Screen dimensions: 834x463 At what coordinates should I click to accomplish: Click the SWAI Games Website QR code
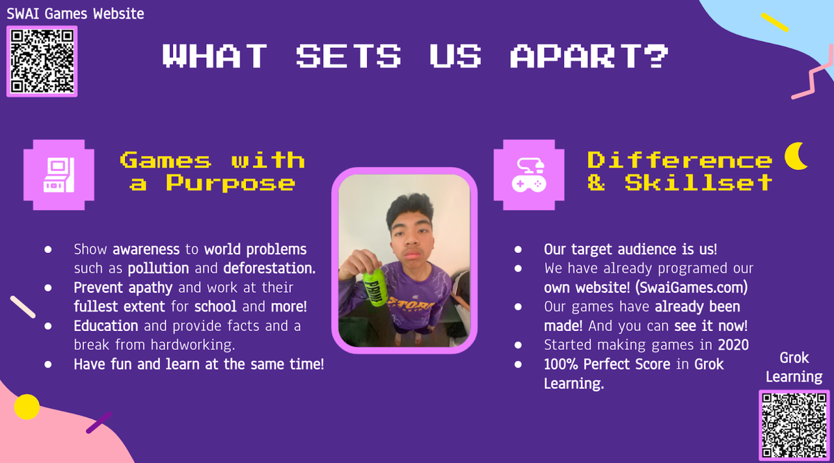pos(42,61)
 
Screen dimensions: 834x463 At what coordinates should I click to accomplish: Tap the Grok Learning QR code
pos(794,425)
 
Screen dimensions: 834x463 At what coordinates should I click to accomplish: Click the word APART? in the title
pos(589,56)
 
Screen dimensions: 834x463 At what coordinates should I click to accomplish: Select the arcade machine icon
pos(59,174)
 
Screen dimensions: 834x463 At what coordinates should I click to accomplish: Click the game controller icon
pos(529,174)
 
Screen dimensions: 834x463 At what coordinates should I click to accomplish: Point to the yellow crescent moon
pos(795,156)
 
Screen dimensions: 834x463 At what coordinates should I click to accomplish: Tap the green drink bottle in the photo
pos(375,286)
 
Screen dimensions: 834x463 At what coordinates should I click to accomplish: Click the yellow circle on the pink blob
pos(27,407)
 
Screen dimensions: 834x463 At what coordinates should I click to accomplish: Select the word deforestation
pos(270,268)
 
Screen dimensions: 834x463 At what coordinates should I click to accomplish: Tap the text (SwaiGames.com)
pos(692,288)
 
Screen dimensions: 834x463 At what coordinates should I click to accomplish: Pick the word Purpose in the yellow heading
pos(231,183)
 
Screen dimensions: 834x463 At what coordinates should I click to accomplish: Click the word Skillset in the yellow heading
pos(698,183)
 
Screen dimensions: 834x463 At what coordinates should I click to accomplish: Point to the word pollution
pos(158,268)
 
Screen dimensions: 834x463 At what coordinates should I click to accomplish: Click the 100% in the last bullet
pos(561,364)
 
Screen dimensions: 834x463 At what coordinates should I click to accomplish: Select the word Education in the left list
pos(106,326)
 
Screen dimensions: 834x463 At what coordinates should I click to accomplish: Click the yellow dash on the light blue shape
pos(775,22)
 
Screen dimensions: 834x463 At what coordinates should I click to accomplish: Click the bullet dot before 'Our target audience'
pos(518,249)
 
